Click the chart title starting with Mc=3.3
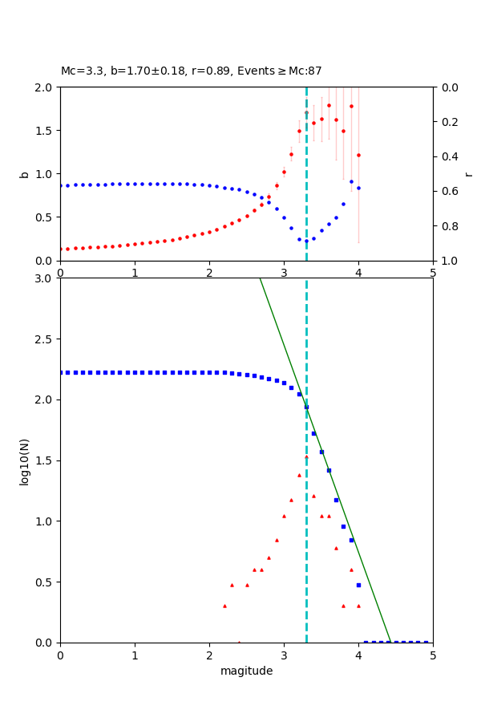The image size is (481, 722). (191, 71)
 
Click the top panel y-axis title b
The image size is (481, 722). (24, 173)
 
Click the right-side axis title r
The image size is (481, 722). (468, 173)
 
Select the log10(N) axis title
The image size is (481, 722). (24, 460)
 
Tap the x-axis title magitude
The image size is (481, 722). (246, 671)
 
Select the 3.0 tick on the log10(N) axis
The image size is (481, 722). (46, 278)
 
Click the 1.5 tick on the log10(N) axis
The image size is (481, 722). (46, 460)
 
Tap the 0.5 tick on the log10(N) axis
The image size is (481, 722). (46, 582)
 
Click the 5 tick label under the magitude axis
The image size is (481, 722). (433, 655)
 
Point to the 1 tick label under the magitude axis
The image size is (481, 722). (135, 655)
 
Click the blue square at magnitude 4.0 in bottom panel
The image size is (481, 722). (358, 585)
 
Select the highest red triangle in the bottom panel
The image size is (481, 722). (306, 457)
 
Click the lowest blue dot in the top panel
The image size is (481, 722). (306, 241)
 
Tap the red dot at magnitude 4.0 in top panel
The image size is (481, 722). (358, 155)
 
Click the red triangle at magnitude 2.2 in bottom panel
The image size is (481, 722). (224, 606)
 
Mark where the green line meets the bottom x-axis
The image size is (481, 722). (390, 642)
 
